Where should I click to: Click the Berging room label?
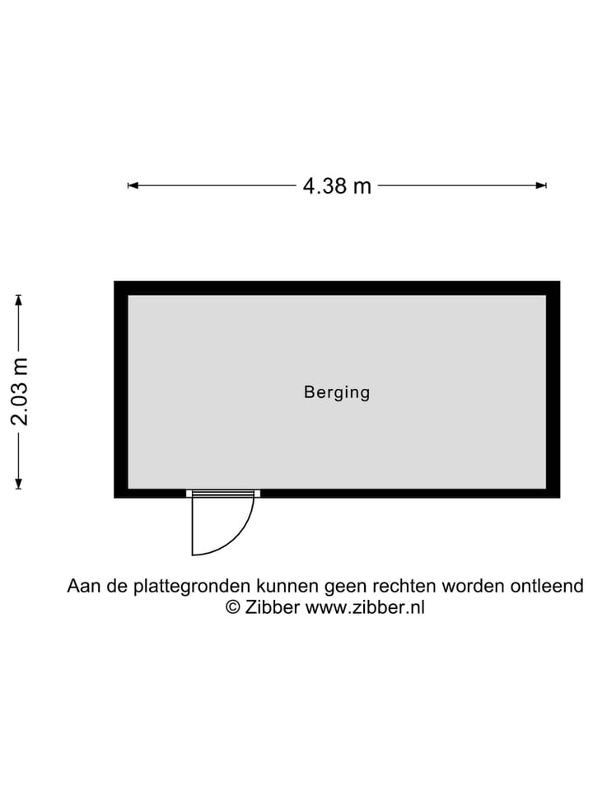(x=337, y=392)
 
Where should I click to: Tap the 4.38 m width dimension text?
(x=337, y=186)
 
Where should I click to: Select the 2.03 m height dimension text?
(x=20, y=391)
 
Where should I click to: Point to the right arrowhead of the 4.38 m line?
(x=541, y=185)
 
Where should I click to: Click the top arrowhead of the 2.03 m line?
(x=19, y=300)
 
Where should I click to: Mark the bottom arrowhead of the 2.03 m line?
(x=19, y=484)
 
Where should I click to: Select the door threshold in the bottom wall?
(x=223, y=494)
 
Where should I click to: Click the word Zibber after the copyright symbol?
(x=273, y=607)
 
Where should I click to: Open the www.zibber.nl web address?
(x=365, y=607)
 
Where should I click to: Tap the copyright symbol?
(x=232, y=607)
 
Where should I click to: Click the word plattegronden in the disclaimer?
(x=192, y=586)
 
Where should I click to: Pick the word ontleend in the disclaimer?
(x=547, y=586)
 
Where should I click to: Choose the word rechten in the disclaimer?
(x=404, y=586)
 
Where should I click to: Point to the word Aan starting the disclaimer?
(x=83, y=586)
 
